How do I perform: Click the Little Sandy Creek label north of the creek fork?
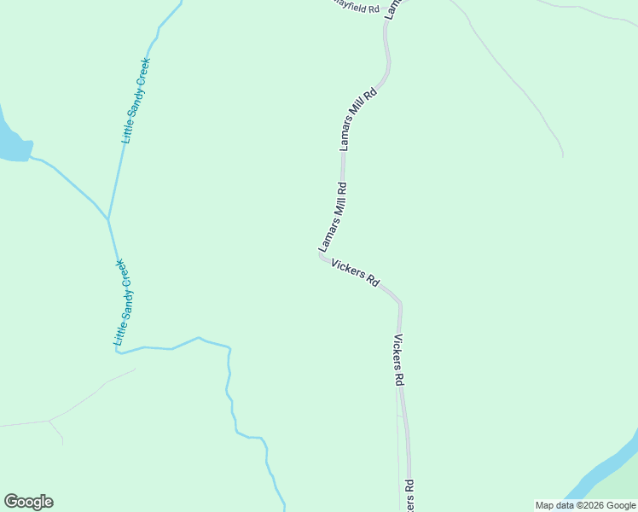click(x=136, y=101)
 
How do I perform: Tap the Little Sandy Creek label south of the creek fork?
click(x=125, y=302)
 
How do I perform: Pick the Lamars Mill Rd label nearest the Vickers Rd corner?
click(x=333, y=217)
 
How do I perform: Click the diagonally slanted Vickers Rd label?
click(x=355, y=273)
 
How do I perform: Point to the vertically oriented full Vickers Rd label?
click(x=398, y=360)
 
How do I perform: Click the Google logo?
click(x=28, y=502)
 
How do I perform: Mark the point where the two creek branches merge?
click(x=108, y=219)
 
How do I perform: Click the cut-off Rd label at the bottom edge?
click(x=409, y=495)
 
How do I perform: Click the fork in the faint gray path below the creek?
click(x=49, y=421)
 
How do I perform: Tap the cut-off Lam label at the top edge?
click(x=391, y=8)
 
